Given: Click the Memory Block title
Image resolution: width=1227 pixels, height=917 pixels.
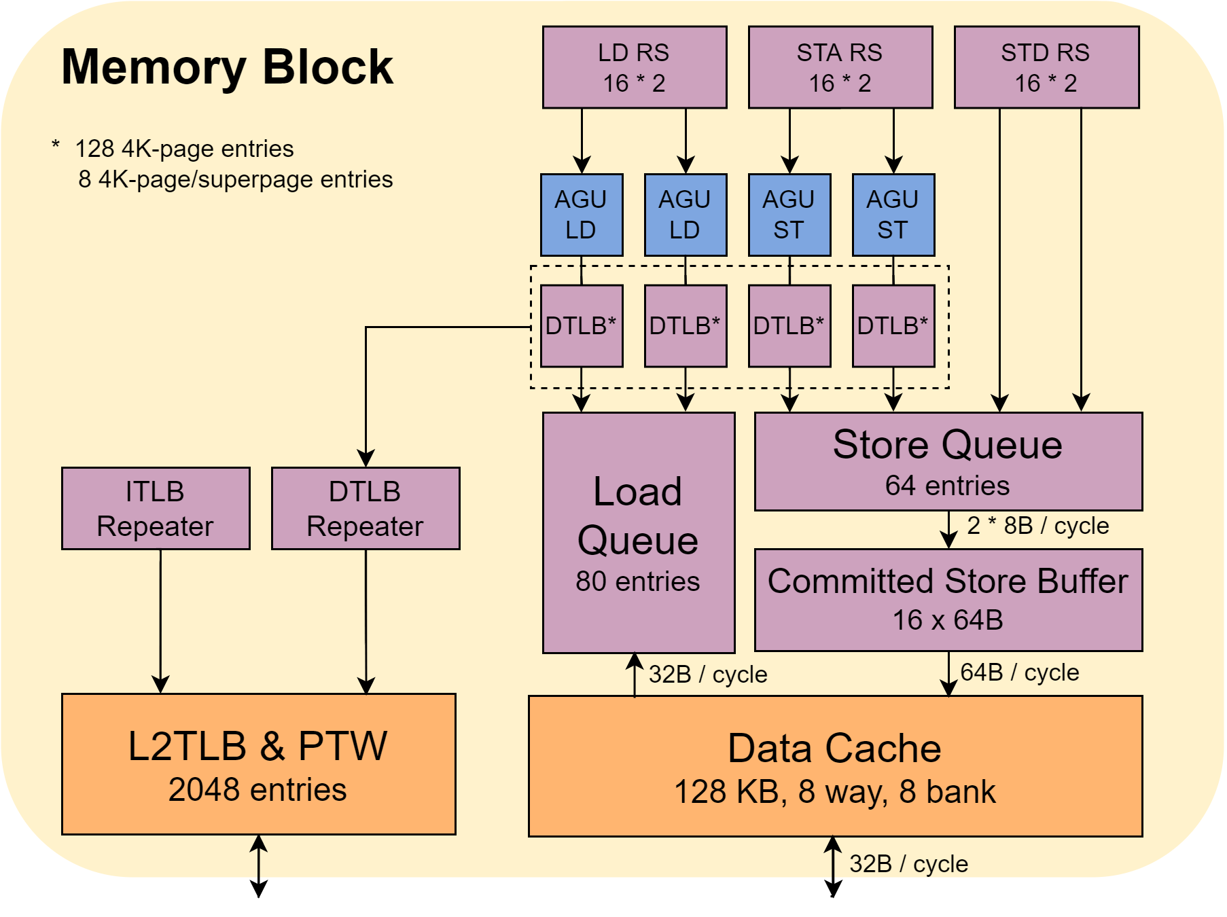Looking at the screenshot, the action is click(x=227, y=67).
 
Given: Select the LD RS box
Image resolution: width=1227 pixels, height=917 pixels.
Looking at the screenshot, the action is click(x=635, y=67).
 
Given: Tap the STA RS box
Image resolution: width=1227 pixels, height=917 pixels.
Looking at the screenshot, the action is click(x=840, y=67).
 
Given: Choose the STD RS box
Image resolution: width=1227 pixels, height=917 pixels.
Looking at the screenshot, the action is click(x=1047, y=67).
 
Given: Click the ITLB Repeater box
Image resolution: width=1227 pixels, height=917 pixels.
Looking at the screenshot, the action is click(x=156, y=508).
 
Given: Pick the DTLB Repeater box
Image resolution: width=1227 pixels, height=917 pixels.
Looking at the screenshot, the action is click(x=366, y=508).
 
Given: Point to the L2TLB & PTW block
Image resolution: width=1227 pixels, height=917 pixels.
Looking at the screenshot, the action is click(x=259, y=764).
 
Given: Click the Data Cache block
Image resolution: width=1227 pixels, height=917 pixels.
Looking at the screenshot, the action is click(x=836, y=766).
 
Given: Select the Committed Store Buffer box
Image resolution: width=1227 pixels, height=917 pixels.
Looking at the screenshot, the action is click(x=948, y=600).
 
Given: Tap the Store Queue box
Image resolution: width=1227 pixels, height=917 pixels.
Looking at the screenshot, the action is click(x=948, y=461).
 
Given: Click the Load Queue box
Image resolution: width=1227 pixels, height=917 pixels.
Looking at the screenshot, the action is click(x=639, y=533).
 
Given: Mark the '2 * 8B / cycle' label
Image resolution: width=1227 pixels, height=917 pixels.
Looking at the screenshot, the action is click(x=1037, y=526).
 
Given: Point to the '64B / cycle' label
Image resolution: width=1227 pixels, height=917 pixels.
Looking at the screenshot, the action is click(x=1019, y=672).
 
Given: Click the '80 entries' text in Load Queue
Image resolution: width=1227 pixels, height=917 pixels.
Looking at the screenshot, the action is click(x=637, y=581).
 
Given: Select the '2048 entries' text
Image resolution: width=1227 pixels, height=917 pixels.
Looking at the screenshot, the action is click(x=257, y=790).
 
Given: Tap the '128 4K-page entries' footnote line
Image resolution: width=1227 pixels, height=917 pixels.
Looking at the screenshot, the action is click(x=184, y=149).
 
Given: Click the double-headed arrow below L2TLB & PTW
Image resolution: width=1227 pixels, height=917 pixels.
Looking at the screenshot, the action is click(x=258, y=866).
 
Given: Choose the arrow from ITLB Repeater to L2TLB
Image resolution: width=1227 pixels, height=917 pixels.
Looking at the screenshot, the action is click(x=160, y=621).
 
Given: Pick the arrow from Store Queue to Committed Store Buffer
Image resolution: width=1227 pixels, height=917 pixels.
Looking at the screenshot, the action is click(x=948, y=530).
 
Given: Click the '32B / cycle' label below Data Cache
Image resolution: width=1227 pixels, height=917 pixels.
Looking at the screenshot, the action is click(x=908, y=864).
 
